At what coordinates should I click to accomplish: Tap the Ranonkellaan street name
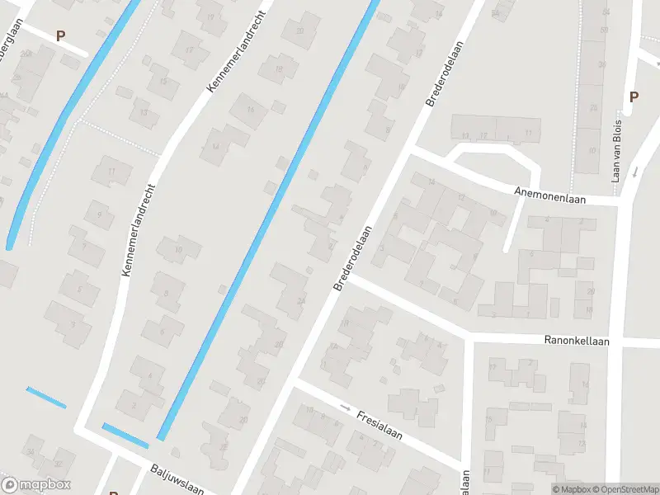(576, 340)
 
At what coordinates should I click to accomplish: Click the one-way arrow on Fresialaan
(345, 408)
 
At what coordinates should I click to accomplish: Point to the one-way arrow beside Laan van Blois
(635, 172)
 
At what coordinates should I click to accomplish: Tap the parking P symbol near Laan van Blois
(634, 97)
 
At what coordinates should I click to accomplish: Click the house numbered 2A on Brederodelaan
(300, 303)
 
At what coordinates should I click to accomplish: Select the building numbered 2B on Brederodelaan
(280, 344)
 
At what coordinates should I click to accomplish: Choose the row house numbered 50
(605, 31)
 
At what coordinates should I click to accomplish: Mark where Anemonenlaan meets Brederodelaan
(409, 152)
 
